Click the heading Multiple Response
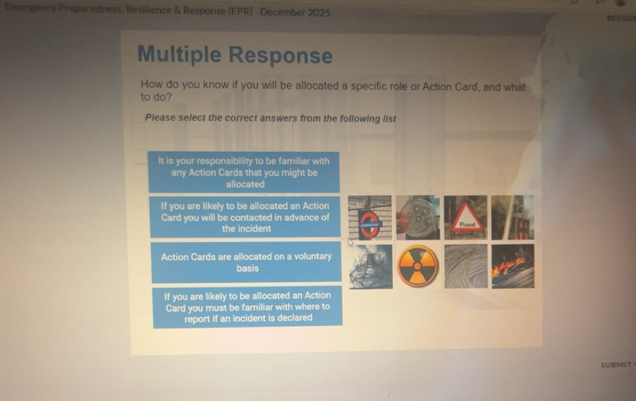coord(235,55)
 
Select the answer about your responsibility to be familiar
coord(244,172)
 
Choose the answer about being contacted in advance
coord(245,217)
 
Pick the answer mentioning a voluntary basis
coord(246,262)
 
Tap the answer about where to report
coord(248,307)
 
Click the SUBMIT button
coord(616,365)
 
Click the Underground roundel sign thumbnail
coord(370,218)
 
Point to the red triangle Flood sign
coord(465,218)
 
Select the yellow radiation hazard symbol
coord(418,266)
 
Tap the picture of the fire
coord(513,266)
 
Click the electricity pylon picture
coord(370,267)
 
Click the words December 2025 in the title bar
coord(295,12)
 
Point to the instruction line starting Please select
coord(270,118)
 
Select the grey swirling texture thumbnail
coord(465,266)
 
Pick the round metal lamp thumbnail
coord(418,218)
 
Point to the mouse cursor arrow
coord(350,242)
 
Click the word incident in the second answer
coord(255,229)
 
